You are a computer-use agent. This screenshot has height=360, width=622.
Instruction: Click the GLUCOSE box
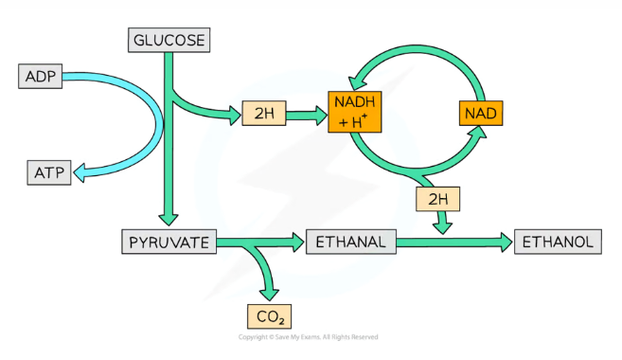(169, 40)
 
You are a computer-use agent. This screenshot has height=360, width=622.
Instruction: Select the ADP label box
(41, 76)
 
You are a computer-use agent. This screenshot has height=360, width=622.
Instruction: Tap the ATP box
(48, 172)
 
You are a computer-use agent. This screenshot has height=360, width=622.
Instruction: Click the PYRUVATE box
(169, 242)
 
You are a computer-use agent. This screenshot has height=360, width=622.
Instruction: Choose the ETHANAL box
(349, 243)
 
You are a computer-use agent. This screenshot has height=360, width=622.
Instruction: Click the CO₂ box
(270, 315)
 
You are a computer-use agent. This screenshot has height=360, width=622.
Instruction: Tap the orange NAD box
(481, 114)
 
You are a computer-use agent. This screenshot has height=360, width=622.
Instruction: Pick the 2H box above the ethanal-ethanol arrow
(436, 200)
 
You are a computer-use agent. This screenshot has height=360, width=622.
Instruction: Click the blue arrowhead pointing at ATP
(82, 171)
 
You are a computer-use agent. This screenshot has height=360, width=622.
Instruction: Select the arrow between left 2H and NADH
(306, 114)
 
